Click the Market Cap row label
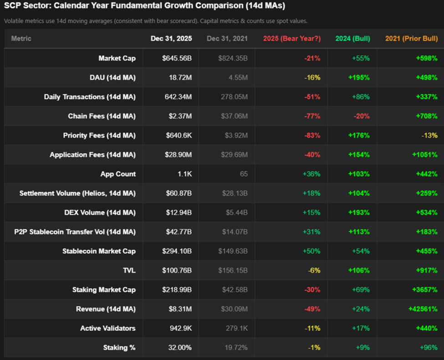click(x=117, y=58)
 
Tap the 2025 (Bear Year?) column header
click(x=291, y=39)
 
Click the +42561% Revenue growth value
click(x=423, y=309)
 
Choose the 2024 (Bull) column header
click(x=352, y=39)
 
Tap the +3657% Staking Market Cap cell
click(x=424, y=290)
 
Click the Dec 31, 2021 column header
click(x=227, y=39)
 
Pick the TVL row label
click(x=129, y=270)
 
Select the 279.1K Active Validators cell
click(x=236, y=328)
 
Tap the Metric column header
click(x=21, y=39)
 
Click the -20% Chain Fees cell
click(x=361, y=116)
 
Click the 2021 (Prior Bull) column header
click(x=411, y=39)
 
